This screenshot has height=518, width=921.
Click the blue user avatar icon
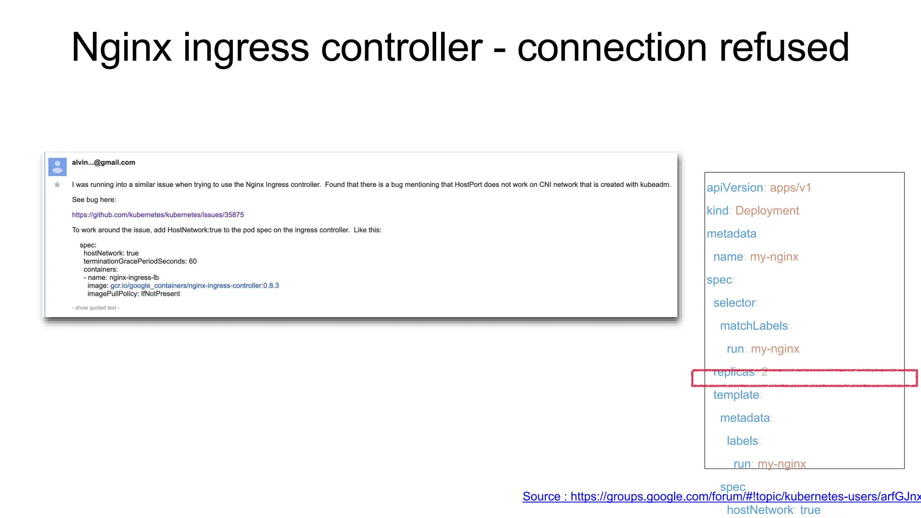coord(58,167)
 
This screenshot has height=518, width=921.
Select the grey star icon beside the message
coord(57,185)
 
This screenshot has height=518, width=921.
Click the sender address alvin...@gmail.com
coord(103,163)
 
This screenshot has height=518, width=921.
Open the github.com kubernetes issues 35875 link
coord(158,215)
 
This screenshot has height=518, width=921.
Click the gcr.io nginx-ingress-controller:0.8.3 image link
coord(194,286)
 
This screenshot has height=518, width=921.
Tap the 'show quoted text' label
coord(96,308)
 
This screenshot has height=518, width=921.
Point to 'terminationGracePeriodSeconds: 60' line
coord(140,261)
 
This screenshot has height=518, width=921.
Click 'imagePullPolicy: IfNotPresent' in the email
coord(134,294)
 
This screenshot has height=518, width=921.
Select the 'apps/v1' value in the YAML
coord(790,188)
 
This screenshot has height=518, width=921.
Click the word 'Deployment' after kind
coord(767,210)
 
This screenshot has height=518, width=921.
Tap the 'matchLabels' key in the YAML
coord(754,326)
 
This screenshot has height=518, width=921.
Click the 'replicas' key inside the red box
coord(734,372)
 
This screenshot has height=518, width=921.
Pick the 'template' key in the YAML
coord(736,395)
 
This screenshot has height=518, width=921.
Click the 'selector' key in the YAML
coord(734,303)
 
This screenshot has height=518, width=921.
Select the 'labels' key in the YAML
coord(742,441)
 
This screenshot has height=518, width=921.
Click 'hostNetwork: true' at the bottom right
coord(773,510)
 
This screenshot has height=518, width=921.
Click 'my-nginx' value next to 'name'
coord(774,257)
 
